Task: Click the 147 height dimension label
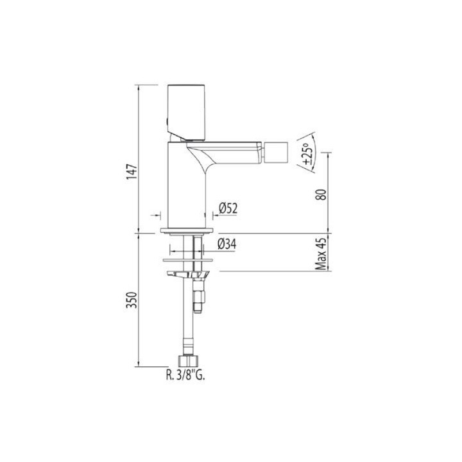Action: point(132,172)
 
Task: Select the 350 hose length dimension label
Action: point(132,300)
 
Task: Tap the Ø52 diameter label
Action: point(228,209)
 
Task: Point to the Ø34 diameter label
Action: point(227,244)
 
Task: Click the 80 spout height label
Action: point(321,194)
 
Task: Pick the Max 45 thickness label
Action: point(321,254)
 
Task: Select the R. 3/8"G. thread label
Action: point(185,375)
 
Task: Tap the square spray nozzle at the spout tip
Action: point(275,152)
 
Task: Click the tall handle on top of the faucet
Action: point(186,112)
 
